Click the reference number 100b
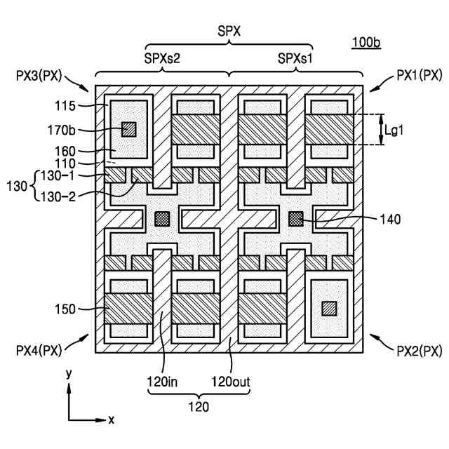(x=366, y=43)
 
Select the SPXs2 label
(x=163, y=59)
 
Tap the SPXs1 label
(x=294, y=59)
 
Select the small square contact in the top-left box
(x=128, y=129)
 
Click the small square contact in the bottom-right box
(x=328, y=307)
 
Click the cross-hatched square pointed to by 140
(x=296, y=219)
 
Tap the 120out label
(x=231, y=382)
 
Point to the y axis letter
(x=69, y=375)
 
